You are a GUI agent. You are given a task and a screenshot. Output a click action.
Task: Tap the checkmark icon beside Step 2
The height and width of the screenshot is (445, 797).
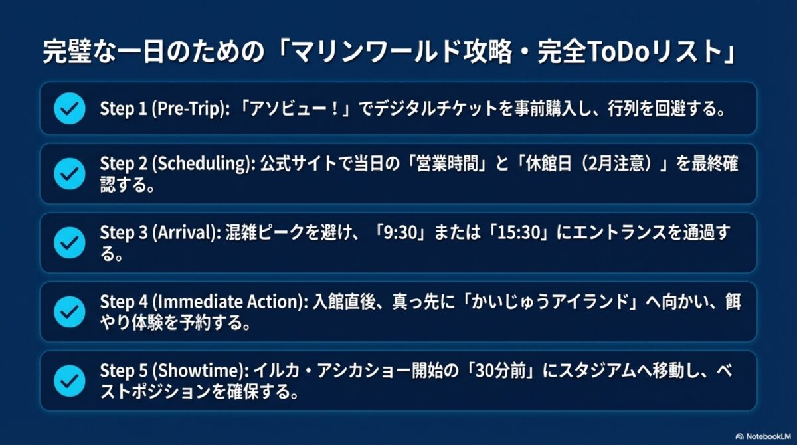[x=69, y=173]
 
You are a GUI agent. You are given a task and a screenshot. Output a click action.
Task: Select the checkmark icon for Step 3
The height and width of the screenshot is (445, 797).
[x=69, y=242]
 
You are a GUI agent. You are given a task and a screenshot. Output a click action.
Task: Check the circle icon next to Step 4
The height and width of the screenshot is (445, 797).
[x=69, y=311]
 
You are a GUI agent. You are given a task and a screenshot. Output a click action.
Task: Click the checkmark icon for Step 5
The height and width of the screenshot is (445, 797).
[x=69, y=380]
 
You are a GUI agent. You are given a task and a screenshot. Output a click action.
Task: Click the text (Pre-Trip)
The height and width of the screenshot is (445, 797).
[x=187, y=109]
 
